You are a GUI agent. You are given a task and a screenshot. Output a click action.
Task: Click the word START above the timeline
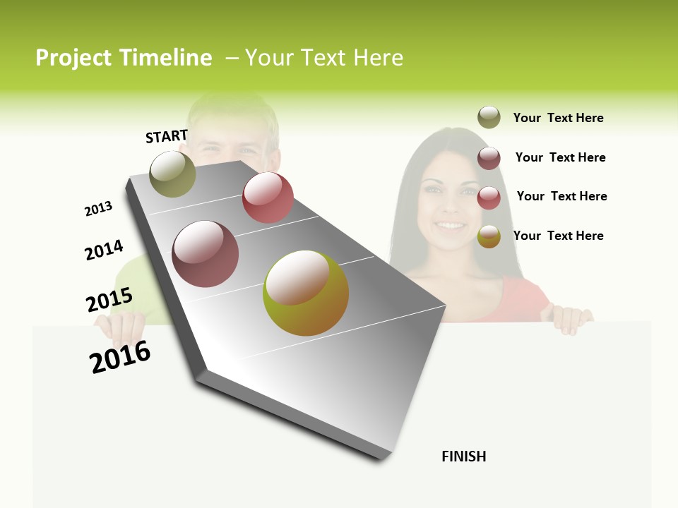tap(167, 136)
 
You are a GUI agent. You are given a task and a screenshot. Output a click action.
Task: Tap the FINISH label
tap(464, 456)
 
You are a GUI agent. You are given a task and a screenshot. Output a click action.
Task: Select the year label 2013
tap(98, 209)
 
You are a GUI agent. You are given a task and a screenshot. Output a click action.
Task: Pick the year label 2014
tap(104, 250)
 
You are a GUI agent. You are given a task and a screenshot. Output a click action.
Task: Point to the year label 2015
tap(109, 300)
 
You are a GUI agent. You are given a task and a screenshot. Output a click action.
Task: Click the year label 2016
tap(120, 357)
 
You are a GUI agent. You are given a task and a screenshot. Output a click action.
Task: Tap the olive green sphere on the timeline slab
tap(173, 174)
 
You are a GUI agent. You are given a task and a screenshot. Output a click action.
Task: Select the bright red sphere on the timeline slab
tap(268, 198)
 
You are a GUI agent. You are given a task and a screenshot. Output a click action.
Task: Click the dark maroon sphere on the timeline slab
tap(206, 254)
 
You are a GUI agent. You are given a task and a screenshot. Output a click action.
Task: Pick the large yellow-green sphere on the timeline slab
tap(306, 293)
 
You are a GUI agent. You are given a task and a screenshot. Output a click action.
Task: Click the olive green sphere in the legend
tap(489, 118)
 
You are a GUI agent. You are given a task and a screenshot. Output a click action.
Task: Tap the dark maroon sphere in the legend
tap(489, 158)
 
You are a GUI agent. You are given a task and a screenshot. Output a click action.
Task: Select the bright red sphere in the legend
tap(489, 198)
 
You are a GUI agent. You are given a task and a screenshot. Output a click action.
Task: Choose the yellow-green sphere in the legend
tap(489, 236)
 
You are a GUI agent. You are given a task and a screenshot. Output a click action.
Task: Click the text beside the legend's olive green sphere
tap(558, 118)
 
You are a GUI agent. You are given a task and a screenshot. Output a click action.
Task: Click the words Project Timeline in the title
tap(124, 58)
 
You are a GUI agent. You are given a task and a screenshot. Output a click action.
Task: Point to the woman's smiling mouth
tap(450, 226)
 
